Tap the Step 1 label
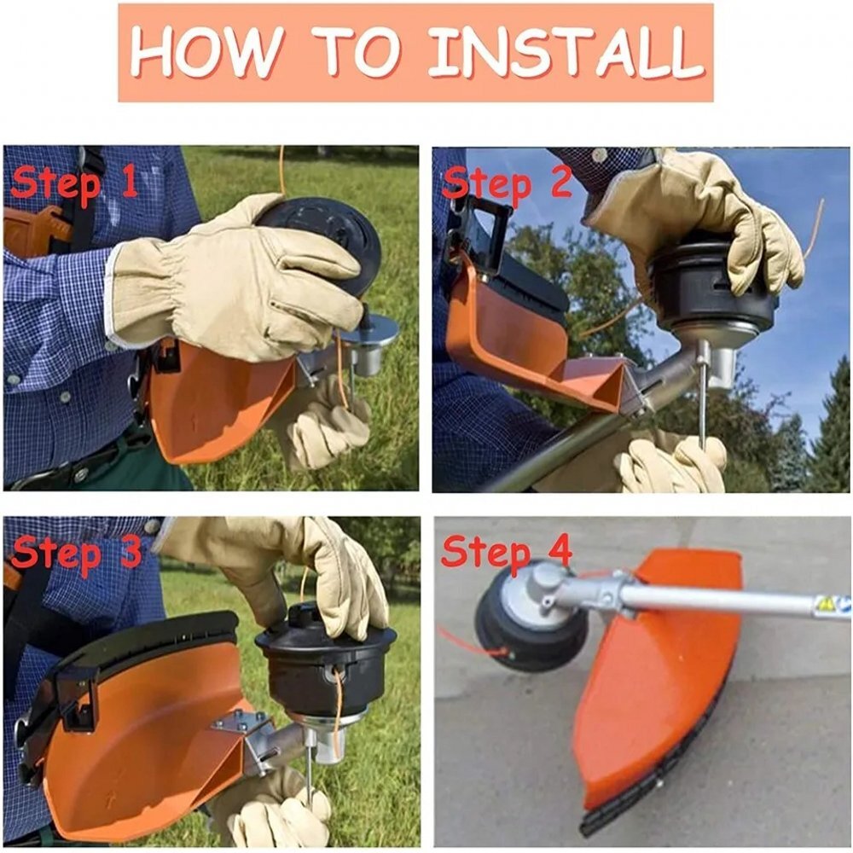pyautogui.click(x=74, y=184)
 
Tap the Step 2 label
pyautogui.click(x=506, y=185)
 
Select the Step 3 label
pyautogui.click(x=75, y=553)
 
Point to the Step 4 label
pyautogui.click(x=506, y=553)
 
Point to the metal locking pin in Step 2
pyautogui.click(x=702, y=392)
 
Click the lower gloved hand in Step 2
pyautogui.click(x=670, y=462)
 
